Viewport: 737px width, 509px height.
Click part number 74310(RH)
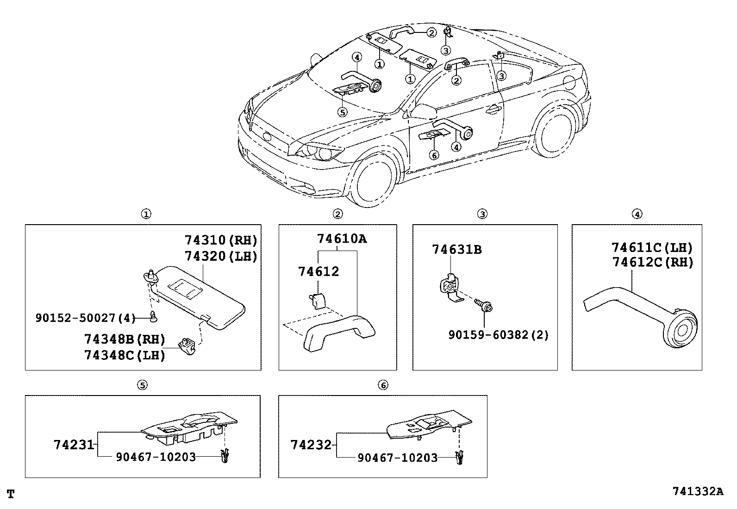pyautogui.click(x=220, y=240)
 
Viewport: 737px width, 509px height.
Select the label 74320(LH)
pyautogui.click(x=220, y=256)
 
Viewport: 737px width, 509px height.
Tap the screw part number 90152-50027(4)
pyautogui.click(x=86, y=318)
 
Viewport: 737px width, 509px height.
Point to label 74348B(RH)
pyautogui.click(x=125, y=339)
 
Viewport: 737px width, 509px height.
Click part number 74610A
pyautogui.click(x=342, y=239)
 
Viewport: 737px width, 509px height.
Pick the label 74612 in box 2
pyautogui.click(x=319, y=271)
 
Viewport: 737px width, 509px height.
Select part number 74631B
pyautogui.click(x=456, y=250)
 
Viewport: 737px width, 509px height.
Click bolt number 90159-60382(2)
pyautogui.click(x=498, y=334)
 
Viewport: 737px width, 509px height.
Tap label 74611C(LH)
pyautogui.click(x=652, y=247)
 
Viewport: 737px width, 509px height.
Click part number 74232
pyautogui.click(x=311, y=445)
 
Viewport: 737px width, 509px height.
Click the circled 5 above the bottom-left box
pyautogui.click(x=143, y=384)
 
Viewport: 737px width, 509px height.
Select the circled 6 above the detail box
pyautogui.click(x=382, y=384)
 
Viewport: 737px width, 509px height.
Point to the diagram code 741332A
pyautogui.click(x=698, y=491)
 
